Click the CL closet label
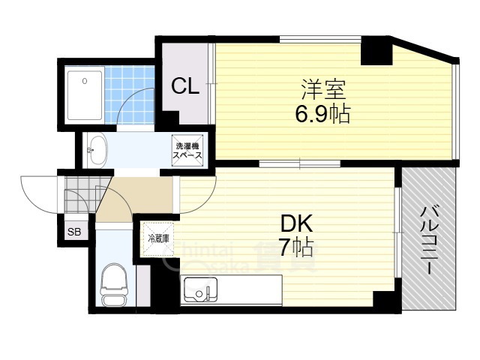[x=184, y=87]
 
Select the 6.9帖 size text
[x=322, y=115]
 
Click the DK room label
[x=296, y=223]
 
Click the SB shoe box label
[x=75, y=232]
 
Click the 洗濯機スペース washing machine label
[x=187, y=148]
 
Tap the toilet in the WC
[x=113, y=285]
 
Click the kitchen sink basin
[x=200, y=288]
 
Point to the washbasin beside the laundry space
[x=97, y=149]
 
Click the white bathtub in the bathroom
[x=84, y=95]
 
